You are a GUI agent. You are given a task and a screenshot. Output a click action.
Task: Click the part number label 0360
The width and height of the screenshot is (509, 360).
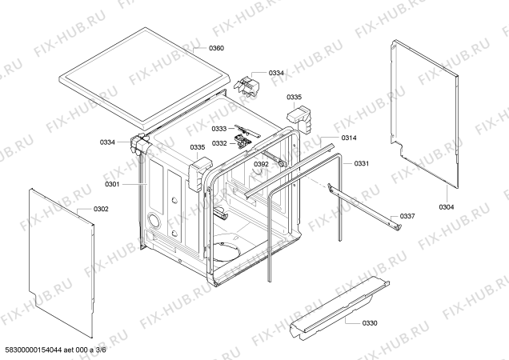point(216,49)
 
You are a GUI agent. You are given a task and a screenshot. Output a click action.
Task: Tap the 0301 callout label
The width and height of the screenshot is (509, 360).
point(111,185)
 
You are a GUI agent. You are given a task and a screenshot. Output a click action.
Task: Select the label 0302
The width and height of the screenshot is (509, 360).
point(101,209)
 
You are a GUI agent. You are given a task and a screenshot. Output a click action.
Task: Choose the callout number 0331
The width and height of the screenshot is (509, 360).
point(361,164)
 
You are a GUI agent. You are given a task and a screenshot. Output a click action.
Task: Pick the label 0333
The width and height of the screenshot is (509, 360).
point(219,129)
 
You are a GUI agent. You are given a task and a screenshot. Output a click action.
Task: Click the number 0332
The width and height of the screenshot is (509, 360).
point(219,143)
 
